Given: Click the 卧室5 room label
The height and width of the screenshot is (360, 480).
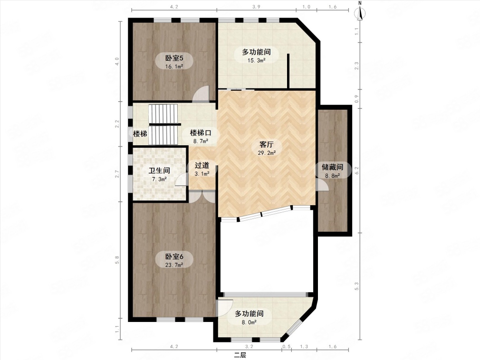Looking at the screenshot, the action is click(174, 57).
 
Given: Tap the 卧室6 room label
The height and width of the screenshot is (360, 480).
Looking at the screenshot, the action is click(174, 256).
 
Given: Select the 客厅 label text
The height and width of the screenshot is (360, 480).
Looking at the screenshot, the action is click(266, 144).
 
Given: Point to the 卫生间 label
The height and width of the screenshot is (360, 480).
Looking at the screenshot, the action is click(159, 171).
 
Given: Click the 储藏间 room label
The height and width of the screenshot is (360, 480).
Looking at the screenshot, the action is click(332, 167).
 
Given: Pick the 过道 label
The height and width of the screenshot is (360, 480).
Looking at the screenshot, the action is click(202, 165).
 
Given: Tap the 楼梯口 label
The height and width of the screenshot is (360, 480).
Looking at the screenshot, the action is click(201, 133).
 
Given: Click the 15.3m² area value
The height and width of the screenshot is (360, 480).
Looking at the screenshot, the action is click(256, 60).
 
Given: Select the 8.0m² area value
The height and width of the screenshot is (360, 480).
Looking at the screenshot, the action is click(249, 322).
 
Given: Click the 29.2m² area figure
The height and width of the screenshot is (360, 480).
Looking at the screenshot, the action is click(266, 153).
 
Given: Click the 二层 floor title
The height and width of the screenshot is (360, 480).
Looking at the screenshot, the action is click(240, 355).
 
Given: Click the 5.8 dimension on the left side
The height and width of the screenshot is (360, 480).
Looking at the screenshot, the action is click(117, 259).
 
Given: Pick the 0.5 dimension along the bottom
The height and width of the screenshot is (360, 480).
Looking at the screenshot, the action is click(287, 347).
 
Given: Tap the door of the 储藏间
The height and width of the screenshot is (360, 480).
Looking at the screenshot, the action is click(323, 185).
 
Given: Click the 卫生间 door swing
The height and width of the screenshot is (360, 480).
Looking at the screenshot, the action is click(182, 179).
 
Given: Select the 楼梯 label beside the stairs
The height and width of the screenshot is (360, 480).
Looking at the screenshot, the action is click(140, 133).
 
